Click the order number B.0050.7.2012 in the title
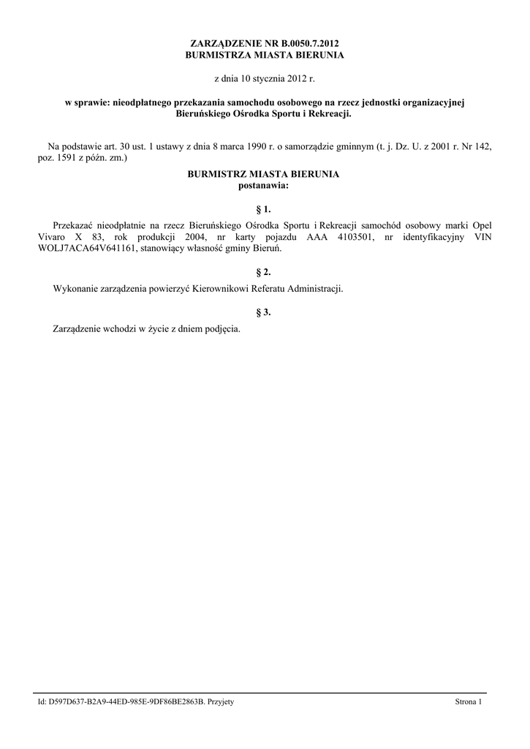pyautogui.click(x=306, y=45)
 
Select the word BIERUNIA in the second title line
pyautogui.click(x=317, y=55)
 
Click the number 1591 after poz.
pyautogui.click(x=69, y=157)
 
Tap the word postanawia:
pyautogui.click(x=264, y=185)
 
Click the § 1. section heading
pyautogui.click(x=264, y=209)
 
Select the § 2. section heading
pyautogui.click(x=264, y=271)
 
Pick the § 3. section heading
pyautogui.click(x=264, y=312)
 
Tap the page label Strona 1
pyautogui.click(x=469, y=702)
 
